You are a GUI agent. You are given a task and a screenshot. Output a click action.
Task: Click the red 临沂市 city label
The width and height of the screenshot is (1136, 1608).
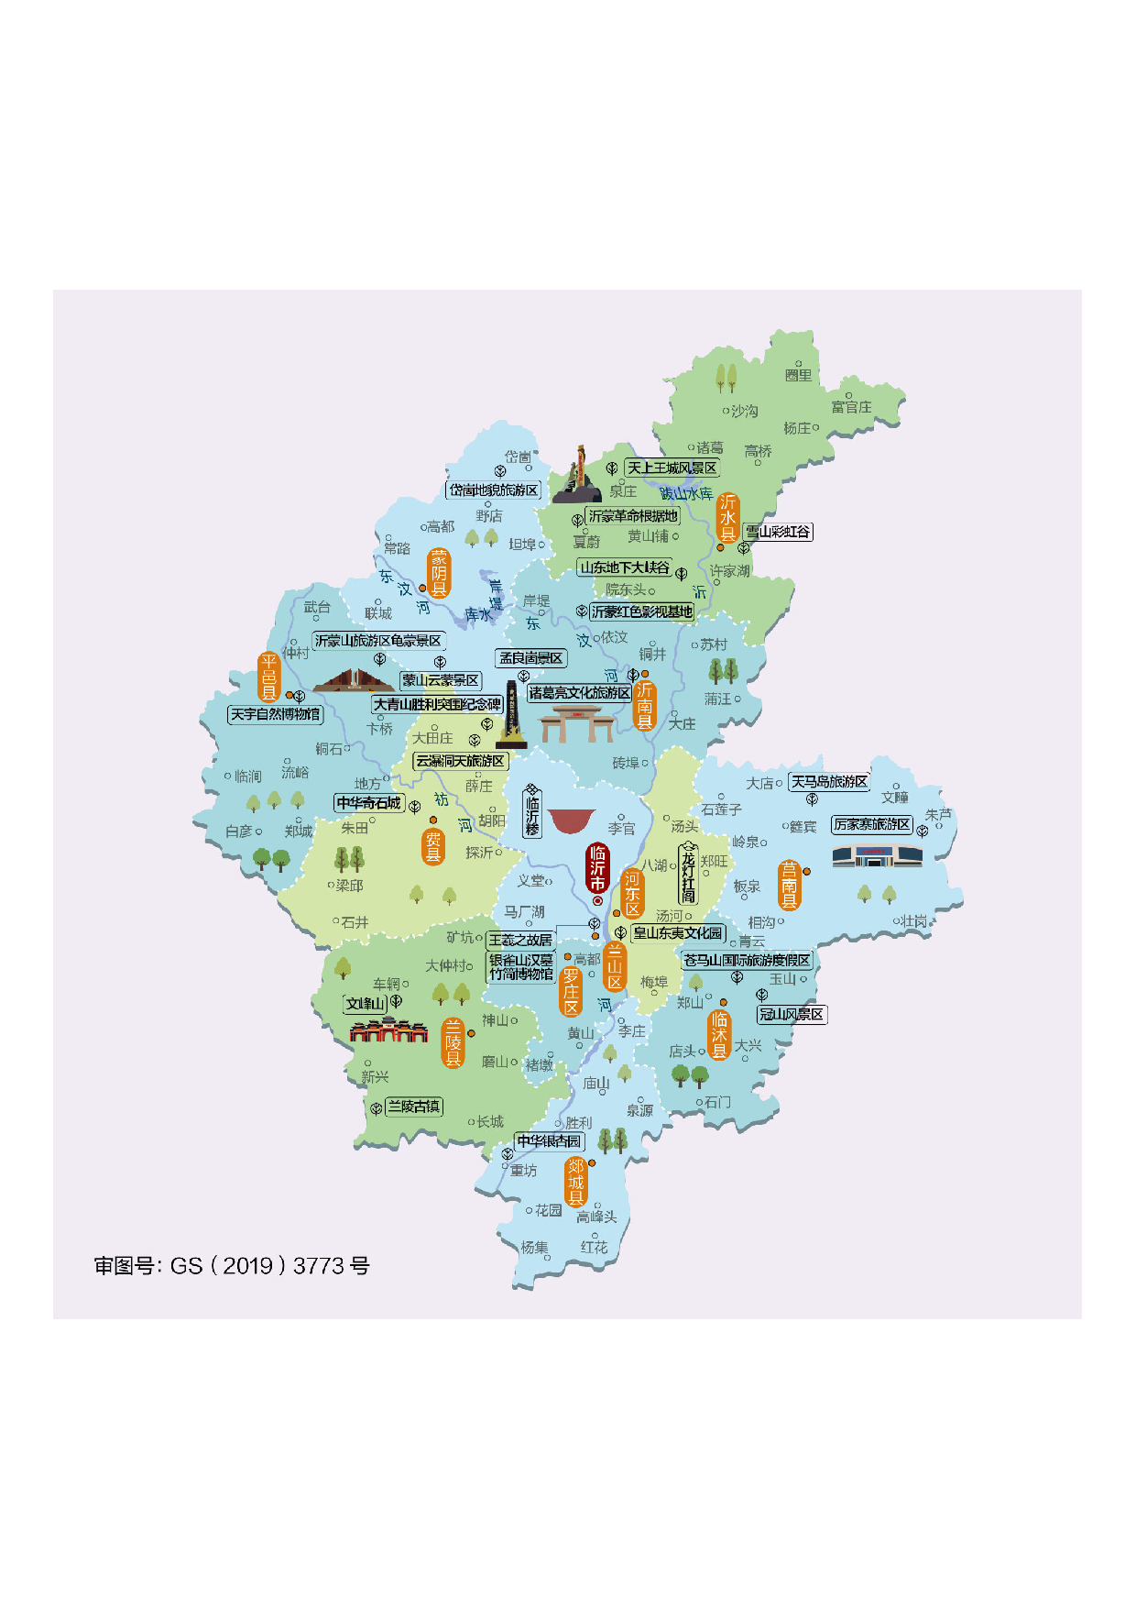tap(597, 868)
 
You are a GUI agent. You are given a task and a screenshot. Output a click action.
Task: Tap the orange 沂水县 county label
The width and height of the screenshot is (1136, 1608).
tap(727, 518)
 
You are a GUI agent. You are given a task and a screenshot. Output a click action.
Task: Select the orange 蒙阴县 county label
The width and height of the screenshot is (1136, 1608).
tap(439, 573)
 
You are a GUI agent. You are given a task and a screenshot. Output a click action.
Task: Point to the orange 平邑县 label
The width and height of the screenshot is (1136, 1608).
tap(268, 677)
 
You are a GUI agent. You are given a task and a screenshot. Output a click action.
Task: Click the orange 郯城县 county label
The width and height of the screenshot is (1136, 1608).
tap(575, 1182)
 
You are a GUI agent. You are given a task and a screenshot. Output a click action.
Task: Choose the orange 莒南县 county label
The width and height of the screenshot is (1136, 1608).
tap(789, 885)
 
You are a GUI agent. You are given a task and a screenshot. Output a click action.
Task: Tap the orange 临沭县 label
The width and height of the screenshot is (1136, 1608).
tap(719, 1034)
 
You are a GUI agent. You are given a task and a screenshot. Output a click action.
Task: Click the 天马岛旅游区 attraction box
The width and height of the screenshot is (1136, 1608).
tap(829, 782)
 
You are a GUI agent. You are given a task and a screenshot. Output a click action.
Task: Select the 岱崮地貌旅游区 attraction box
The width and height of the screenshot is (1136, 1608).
tap(494, 490)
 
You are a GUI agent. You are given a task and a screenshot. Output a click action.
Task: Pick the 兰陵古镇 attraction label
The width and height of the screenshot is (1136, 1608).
tap(413, 1107)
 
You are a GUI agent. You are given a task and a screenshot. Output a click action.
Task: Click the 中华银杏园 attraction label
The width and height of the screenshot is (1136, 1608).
tap(549, 1141)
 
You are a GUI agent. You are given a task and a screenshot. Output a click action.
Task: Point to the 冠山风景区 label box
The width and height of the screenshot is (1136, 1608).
tap(792, 1015)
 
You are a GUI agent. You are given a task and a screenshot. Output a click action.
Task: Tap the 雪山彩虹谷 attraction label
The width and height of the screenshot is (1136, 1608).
tap(778, 532)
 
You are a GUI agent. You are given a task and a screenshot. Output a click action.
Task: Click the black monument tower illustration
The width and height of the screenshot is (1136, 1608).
tap(511, 714)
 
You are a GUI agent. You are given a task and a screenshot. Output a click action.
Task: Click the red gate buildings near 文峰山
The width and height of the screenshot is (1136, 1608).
tap(388, 1030)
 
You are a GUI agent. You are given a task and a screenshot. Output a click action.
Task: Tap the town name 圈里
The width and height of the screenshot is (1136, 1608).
tap(798, 375)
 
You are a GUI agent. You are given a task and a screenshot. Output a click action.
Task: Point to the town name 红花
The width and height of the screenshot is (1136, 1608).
tap(594, 1248)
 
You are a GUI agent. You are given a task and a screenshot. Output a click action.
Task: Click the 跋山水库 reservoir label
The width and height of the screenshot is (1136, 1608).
tap(686, 493)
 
